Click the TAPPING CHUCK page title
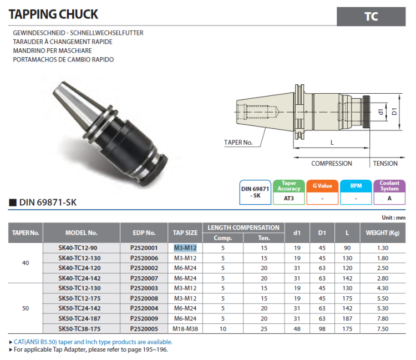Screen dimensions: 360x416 [54, 14]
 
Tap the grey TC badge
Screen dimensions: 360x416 [371, 17]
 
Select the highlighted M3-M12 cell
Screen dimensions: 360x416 [185, 248]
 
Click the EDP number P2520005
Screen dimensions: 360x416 [144, 328]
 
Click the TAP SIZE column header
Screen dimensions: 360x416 [185, 233]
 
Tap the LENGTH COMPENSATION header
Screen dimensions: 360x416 [243, 227]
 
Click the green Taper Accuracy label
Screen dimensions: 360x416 [288, 186]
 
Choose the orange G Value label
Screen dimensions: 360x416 [322, 186]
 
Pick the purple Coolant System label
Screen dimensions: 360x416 [389, 186]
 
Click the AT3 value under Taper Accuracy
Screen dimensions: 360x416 [288, 198]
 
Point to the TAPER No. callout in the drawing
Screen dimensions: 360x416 [239, 143]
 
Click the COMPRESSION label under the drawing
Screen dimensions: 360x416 [331, 164]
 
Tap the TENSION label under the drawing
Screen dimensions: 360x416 [385, 164]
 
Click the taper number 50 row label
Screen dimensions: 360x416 [26, 308]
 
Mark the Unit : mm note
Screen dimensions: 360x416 [394, 218]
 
